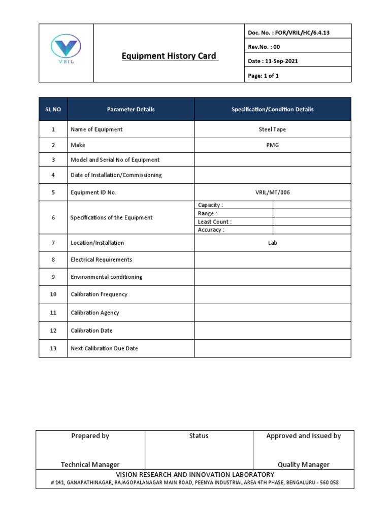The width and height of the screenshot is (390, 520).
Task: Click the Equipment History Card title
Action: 169,56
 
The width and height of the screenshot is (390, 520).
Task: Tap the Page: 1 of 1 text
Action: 264,76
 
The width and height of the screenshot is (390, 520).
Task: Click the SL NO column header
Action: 53,109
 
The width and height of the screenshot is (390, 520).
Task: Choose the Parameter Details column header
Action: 131,109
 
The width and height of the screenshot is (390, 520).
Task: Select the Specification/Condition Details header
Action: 272,109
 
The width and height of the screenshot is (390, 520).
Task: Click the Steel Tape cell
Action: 272,129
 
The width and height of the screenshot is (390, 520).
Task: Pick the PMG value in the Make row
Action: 272,145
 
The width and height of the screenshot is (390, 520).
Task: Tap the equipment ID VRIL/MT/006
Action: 272,192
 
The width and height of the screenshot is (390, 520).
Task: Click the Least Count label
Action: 214,222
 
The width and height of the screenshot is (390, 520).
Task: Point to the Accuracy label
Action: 211,230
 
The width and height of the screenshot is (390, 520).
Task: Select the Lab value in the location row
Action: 273,243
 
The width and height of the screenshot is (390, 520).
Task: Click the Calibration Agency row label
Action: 94,313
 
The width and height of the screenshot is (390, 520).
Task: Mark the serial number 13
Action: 53,348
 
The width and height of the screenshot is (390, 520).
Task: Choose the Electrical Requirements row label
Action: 101,259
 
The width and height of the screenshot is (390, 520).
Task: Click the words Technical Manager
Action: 90,464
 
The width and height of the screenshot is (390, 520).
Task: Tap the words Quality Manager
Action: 303,464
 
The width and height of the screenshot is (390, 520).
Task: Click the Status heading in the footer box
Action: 199,436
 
